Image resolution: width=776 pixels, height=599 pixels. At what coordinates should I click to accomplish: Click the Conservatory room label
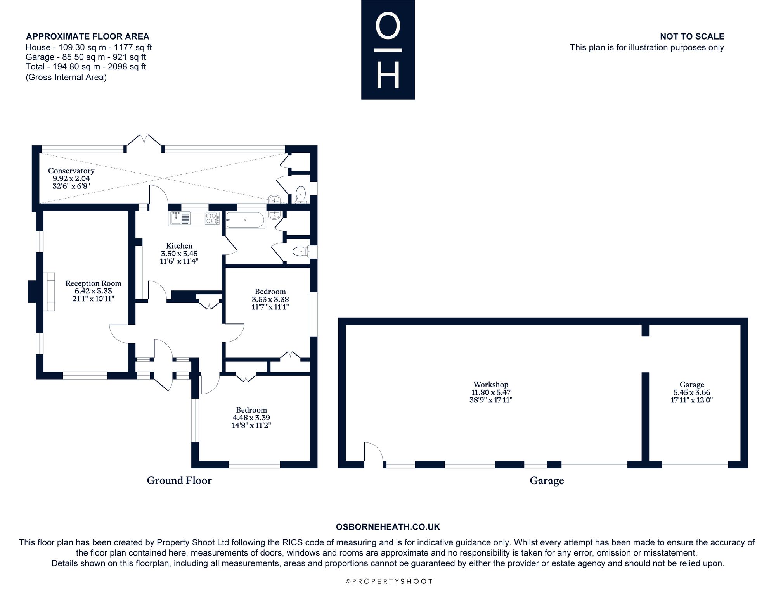click(x=71, y=171)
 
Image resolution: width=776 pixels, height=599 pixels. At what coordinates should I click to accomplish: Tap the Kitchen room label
click(x=179, y=246)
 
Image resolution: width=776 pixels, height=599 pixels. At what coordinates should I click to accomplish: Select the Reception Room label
click(x=93, y=283)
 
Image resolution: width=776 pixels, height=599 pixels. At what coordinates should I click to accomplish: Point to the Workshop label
click(x=491, y=385)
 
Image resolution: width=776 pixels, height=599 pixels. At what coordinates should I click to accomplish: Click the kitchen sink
click(x=179, y=219)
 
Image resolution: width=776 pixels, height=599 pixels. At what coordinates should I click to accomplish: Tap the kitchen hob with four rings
click(x=212, y=219)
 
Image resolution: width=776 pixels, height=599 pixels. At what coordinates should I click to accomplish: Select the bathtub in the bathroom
click(x=245, y=220)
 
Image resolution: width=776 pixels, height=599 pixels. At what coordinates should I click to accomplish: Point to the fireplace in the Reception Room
click(x=42, y=292)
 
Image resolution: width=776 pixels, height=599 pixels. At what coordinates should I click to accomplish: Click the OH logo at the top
click(x=388, y=50)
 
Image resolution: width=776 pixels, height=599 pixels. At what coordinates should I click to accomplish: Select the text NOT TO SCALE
click(x=692, y=36)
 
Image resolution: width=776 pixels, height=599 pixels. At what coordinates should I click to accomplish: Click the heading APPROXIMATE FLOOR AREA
click(x=88, y=36)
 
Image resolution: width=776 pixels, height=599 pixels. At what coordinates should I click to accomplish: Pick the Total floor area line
click(x=86, y=66)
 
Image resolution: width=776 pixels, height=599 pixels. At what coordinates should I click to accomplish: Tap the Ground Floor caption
click(x=179, y=481)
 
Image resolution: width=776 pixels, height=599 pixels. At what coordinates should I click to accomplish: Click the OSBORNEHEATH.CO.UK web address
click(x=388, y=527)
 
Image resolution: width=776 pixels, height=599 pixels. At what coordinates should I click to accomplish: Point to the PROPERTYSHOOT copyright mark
click(x=389, y=582)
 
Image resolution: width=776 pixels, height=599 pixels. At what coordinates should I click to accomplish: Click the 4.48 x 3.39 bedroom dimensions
click(x=251, y=418)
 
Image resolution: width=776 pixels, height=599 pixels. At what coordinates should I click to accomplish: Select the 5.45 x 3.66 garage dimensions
click(x=692, y=392)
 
